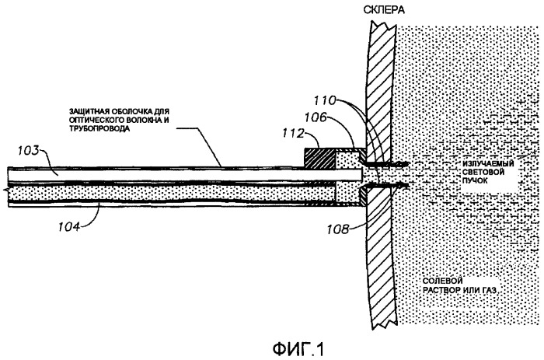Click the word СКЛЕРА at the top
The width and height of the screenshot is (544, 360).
[384, 10]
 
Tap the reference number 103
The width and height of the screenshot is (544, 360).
[30, 152]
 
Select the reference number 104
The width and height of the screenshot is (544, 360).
[69, 227]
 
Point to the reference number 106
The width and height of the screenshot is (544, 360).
[316, 117]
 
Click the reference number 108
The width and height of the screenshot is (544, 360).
[338, 229]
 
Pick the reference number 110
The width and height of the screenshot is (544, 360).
[325, 100]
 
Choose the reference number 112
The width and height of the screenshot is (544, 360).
[293, 134]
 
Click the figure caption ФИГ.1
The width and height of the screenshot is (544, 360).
[298, 349]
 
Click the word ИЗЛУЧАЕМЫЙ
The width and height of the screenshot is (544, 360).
[488, 164]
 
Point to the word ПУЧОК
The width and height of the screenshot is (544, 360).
[475, 180]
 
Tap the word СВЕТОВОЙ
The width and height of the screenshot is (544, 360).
[483, 172]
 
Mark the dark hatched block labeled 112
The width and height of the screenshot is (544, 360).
[319, 159]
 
